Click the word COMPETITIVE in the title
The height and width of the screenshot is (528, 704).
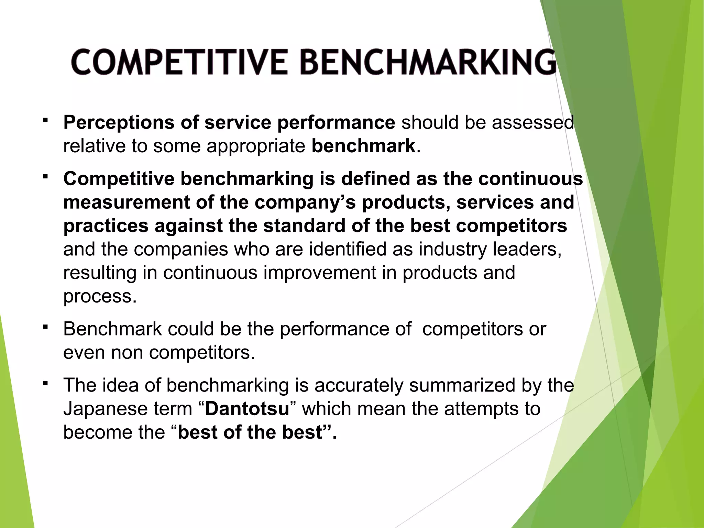point(179,62)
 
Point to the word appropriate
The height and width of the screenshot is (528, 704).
point(256,146)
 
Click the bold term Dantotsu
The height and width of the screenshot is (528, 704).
point(247,409)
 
